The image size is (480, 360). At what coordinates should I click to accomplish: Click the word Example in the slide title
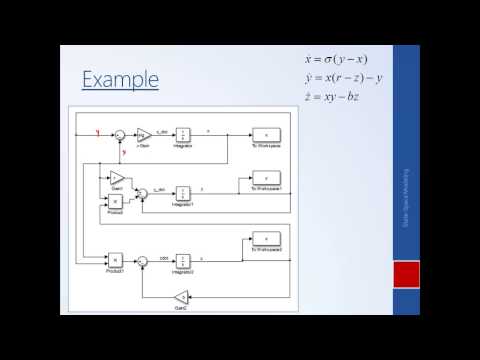point(120,78)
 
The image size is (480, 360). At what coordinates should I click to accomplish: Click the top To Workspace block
point(265,134)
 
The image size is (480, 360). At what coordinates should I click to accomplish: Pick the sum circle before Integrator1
point(143,191)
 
